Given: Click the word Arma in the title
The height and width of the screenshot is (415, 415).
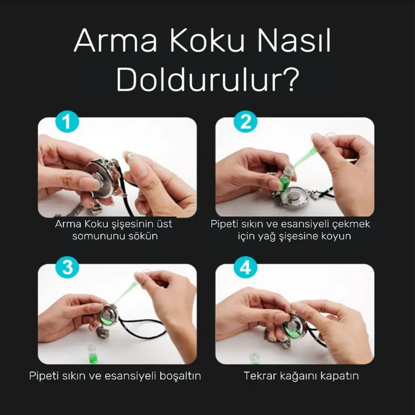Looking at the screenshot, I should click(115, 41).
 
